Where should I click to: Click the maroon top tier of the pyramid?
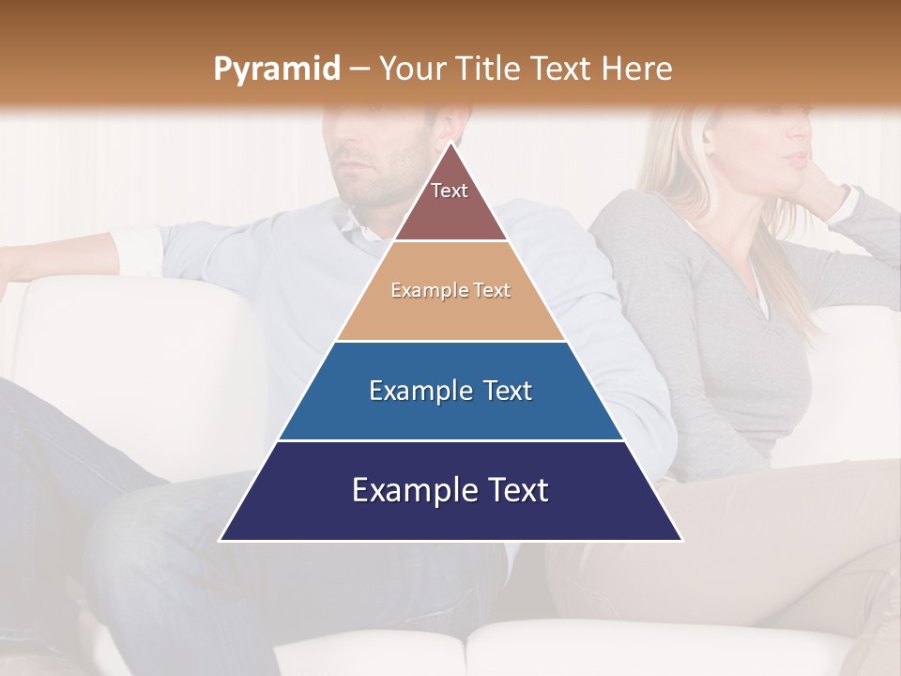(x=450, y=211)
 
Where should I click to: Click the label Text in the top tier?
(x=450, y=191)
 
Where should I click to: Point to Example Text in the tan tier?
(x=450, y=290)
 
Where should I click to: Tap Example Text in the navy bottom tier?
(x=450, y=489)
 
